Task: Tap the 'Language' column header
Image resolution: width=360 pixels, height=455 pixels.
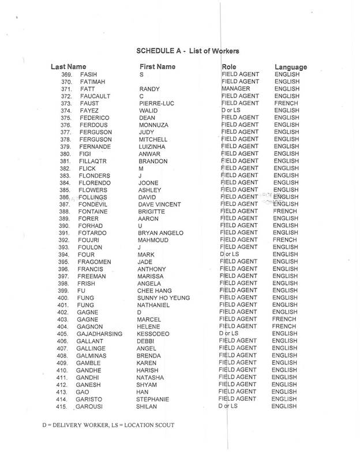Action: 291,67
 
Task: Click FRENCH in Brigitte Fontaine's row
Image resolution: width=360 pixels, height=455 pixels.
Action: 286,212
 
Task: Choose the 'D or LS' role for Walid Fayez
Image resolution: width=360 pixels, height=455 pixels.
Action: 231,111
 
